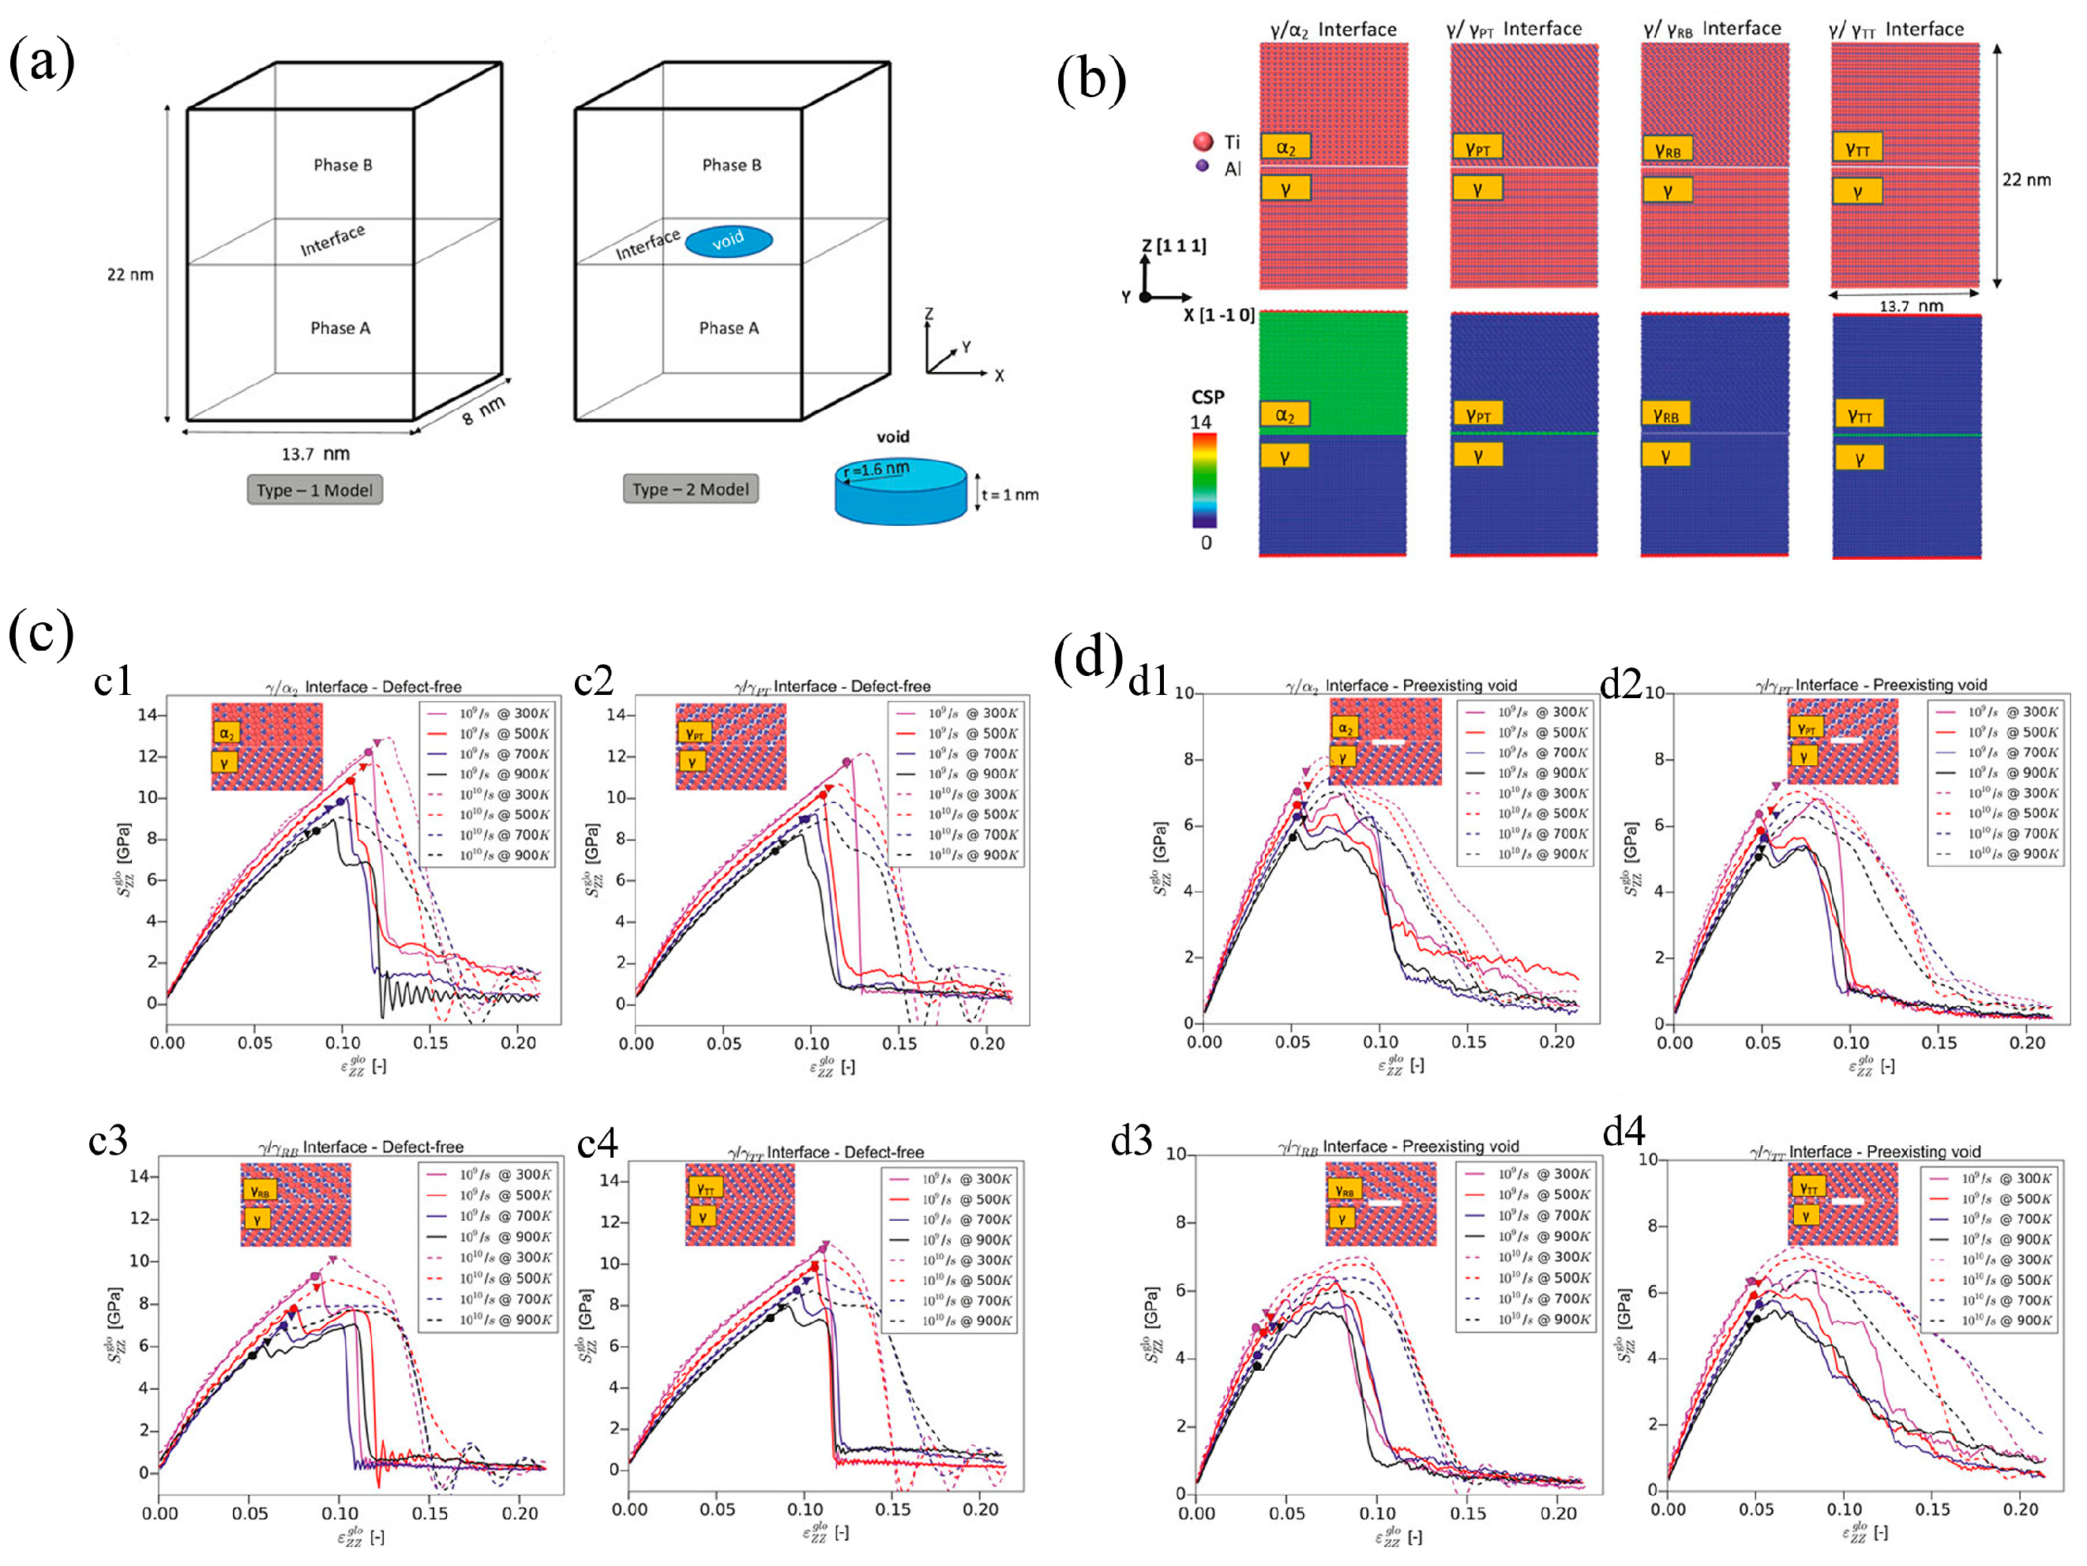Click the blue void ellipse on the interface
[x=727, y=242]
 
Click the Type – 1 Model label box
[x=314, y=490]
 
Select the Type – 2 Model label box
[x=689, y=489]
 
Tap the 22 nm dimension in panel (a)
[x=129, y=275]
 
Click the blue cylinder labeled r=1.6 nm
[x=900, y=490]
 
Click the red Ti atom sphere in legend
[x=1202, y=141]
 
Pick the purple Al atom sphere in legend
[x=1201, y=165]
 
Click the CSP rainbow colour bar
[x=1204, y=479]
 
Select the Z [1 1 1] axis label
[x=1173, y=246]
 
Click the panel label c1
[x=112, y=680]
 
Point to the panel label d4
[x=1623, y=1130]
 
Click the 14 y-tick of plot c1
[x=146, y=714]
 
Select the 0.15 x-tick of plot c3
[x=430, y=1513]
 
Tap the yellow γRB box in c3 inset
[x=260, y=1192]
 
